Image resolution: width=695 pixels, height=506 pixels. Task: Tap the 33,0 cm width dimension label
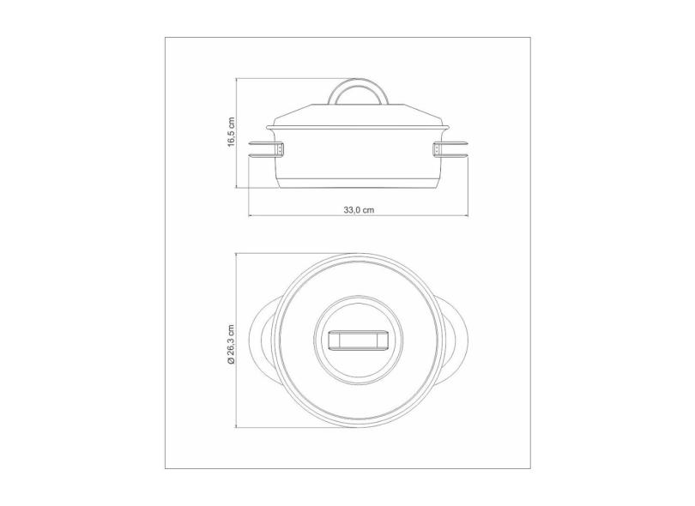[359, 208]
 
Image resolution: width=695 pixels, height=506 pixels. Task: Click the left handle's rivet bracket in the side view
[280, 150]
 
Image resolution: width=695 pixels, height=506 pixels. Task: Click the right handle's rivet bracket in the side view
[438, 150]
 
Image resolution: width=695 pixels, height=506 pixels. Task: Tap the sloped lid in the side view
[360, 117]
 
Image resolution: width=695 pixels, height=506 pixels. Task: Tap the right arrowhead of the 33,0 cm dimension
[467, 214]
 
